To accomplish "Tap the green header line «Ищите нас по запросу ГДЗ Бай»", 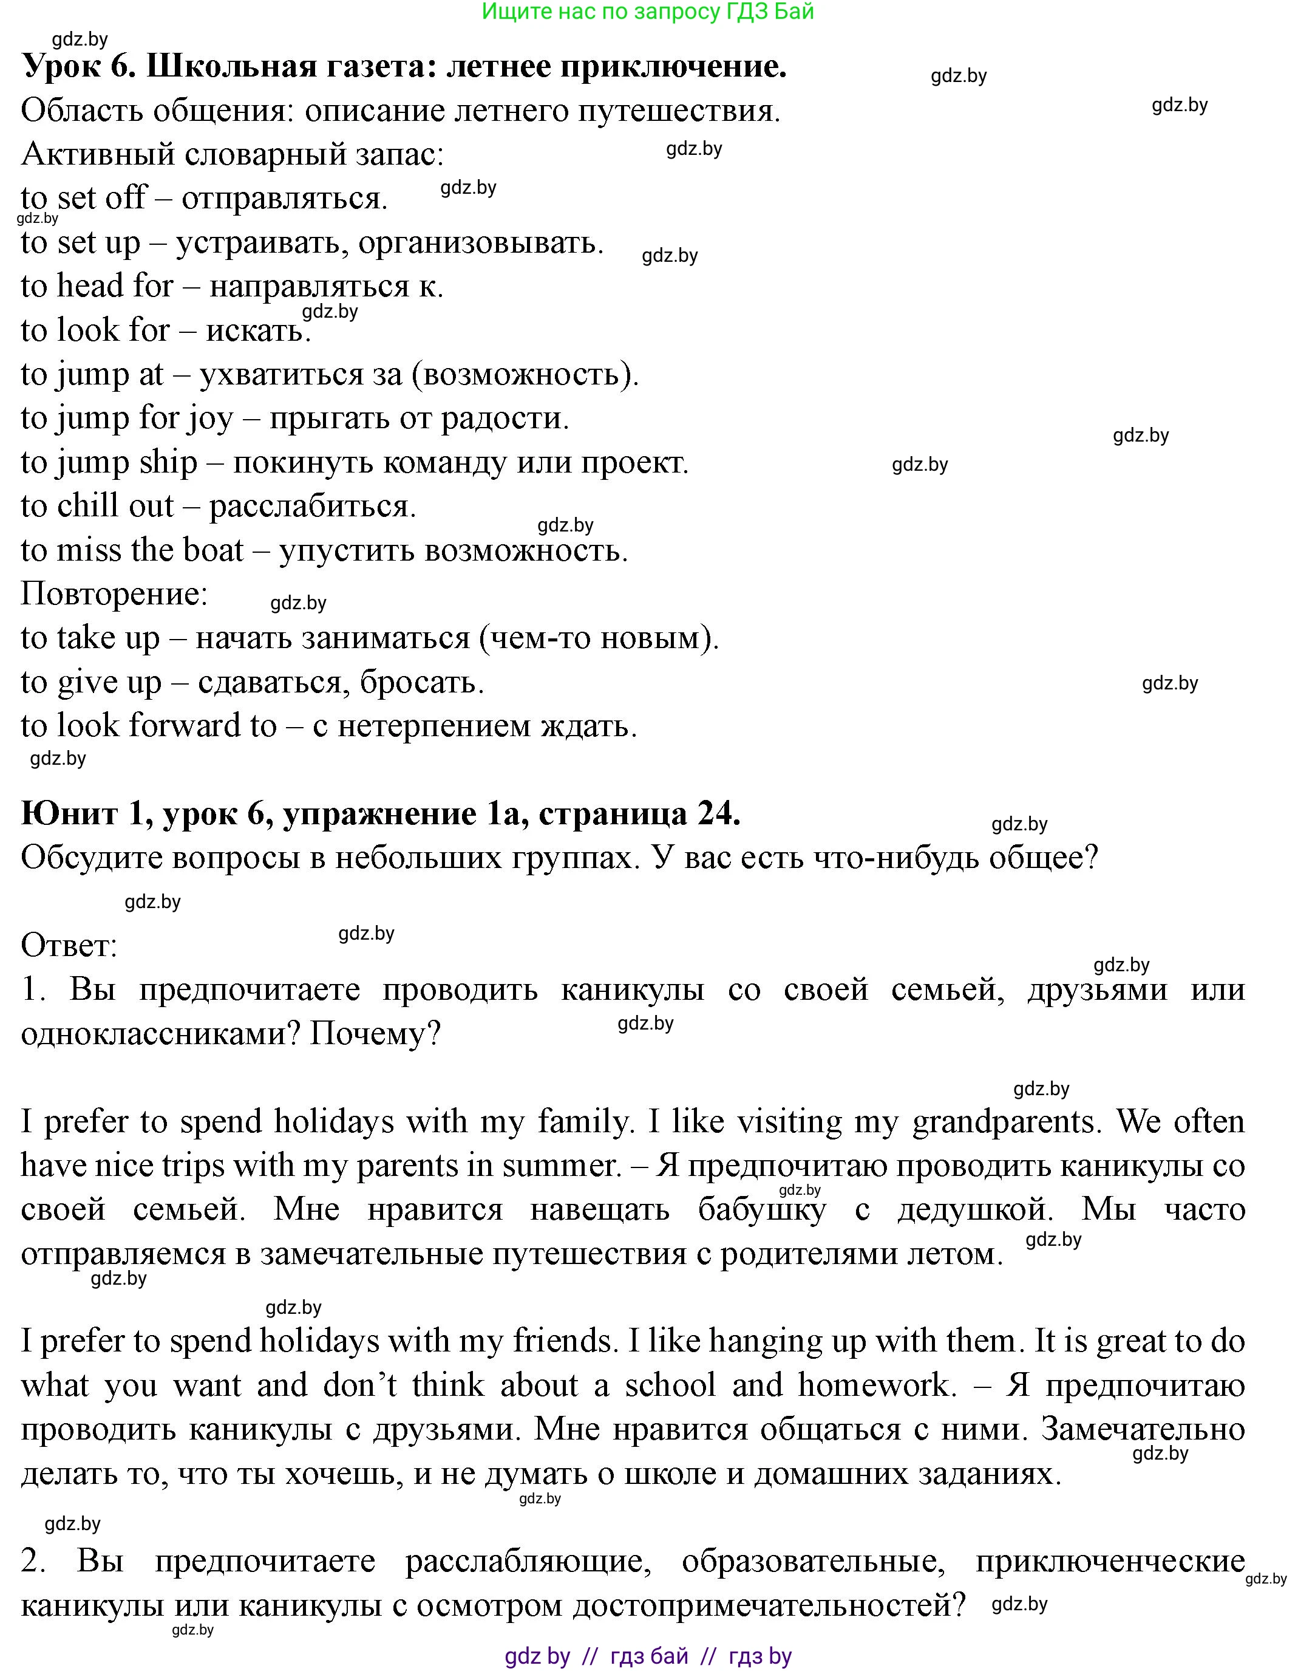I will (x=648, y=12).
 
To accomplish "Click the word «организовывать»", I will (x=480, y=244).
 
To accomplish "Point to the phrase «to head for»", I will (x=97, y=286).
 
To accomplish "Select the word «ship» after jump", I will (x=168, y=463).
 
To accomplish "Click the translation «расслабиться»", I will (x=312, y=507).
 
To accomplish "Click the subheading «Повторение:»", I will (x=115, y=593).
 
